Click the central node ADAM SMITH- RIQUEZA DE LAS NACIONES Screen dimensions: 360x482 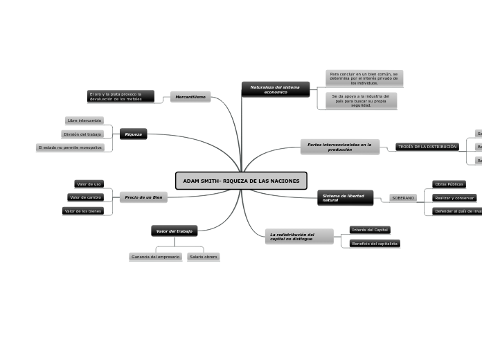241,181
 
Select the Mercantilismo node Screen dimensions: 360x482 190,97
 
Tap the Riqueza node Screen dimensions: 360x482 133,134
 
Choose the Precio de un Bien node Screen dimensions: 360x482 143,197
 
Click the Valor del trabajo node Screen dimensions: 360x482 175,231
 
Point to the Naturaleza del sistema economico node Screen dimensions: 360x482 275,89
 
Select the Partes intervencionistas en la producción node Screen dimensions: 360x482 339,147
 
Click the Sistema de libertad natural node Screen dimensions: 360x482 345,198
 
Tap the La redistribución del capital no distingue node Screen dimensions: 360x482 299,237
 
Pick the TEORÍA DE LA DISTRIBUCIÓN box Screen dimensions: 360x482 427,147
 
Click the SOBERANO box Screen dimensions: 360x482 403,198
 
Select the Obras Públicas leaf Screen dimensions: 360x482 449,184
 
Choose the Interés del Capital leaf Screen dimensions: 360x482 370,230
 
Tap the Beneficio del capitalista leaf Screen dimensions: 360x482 375,244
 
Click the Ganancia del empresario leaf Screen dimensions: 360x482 155,257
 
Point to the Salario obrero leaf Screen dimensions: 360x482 203,257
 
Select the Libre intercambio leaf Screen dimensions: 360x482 84,120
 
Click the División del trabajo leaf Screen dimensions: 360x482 82,134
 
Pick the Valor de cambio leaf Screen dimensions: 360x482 86,197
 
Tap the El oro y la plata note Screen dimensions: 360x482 120,96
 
